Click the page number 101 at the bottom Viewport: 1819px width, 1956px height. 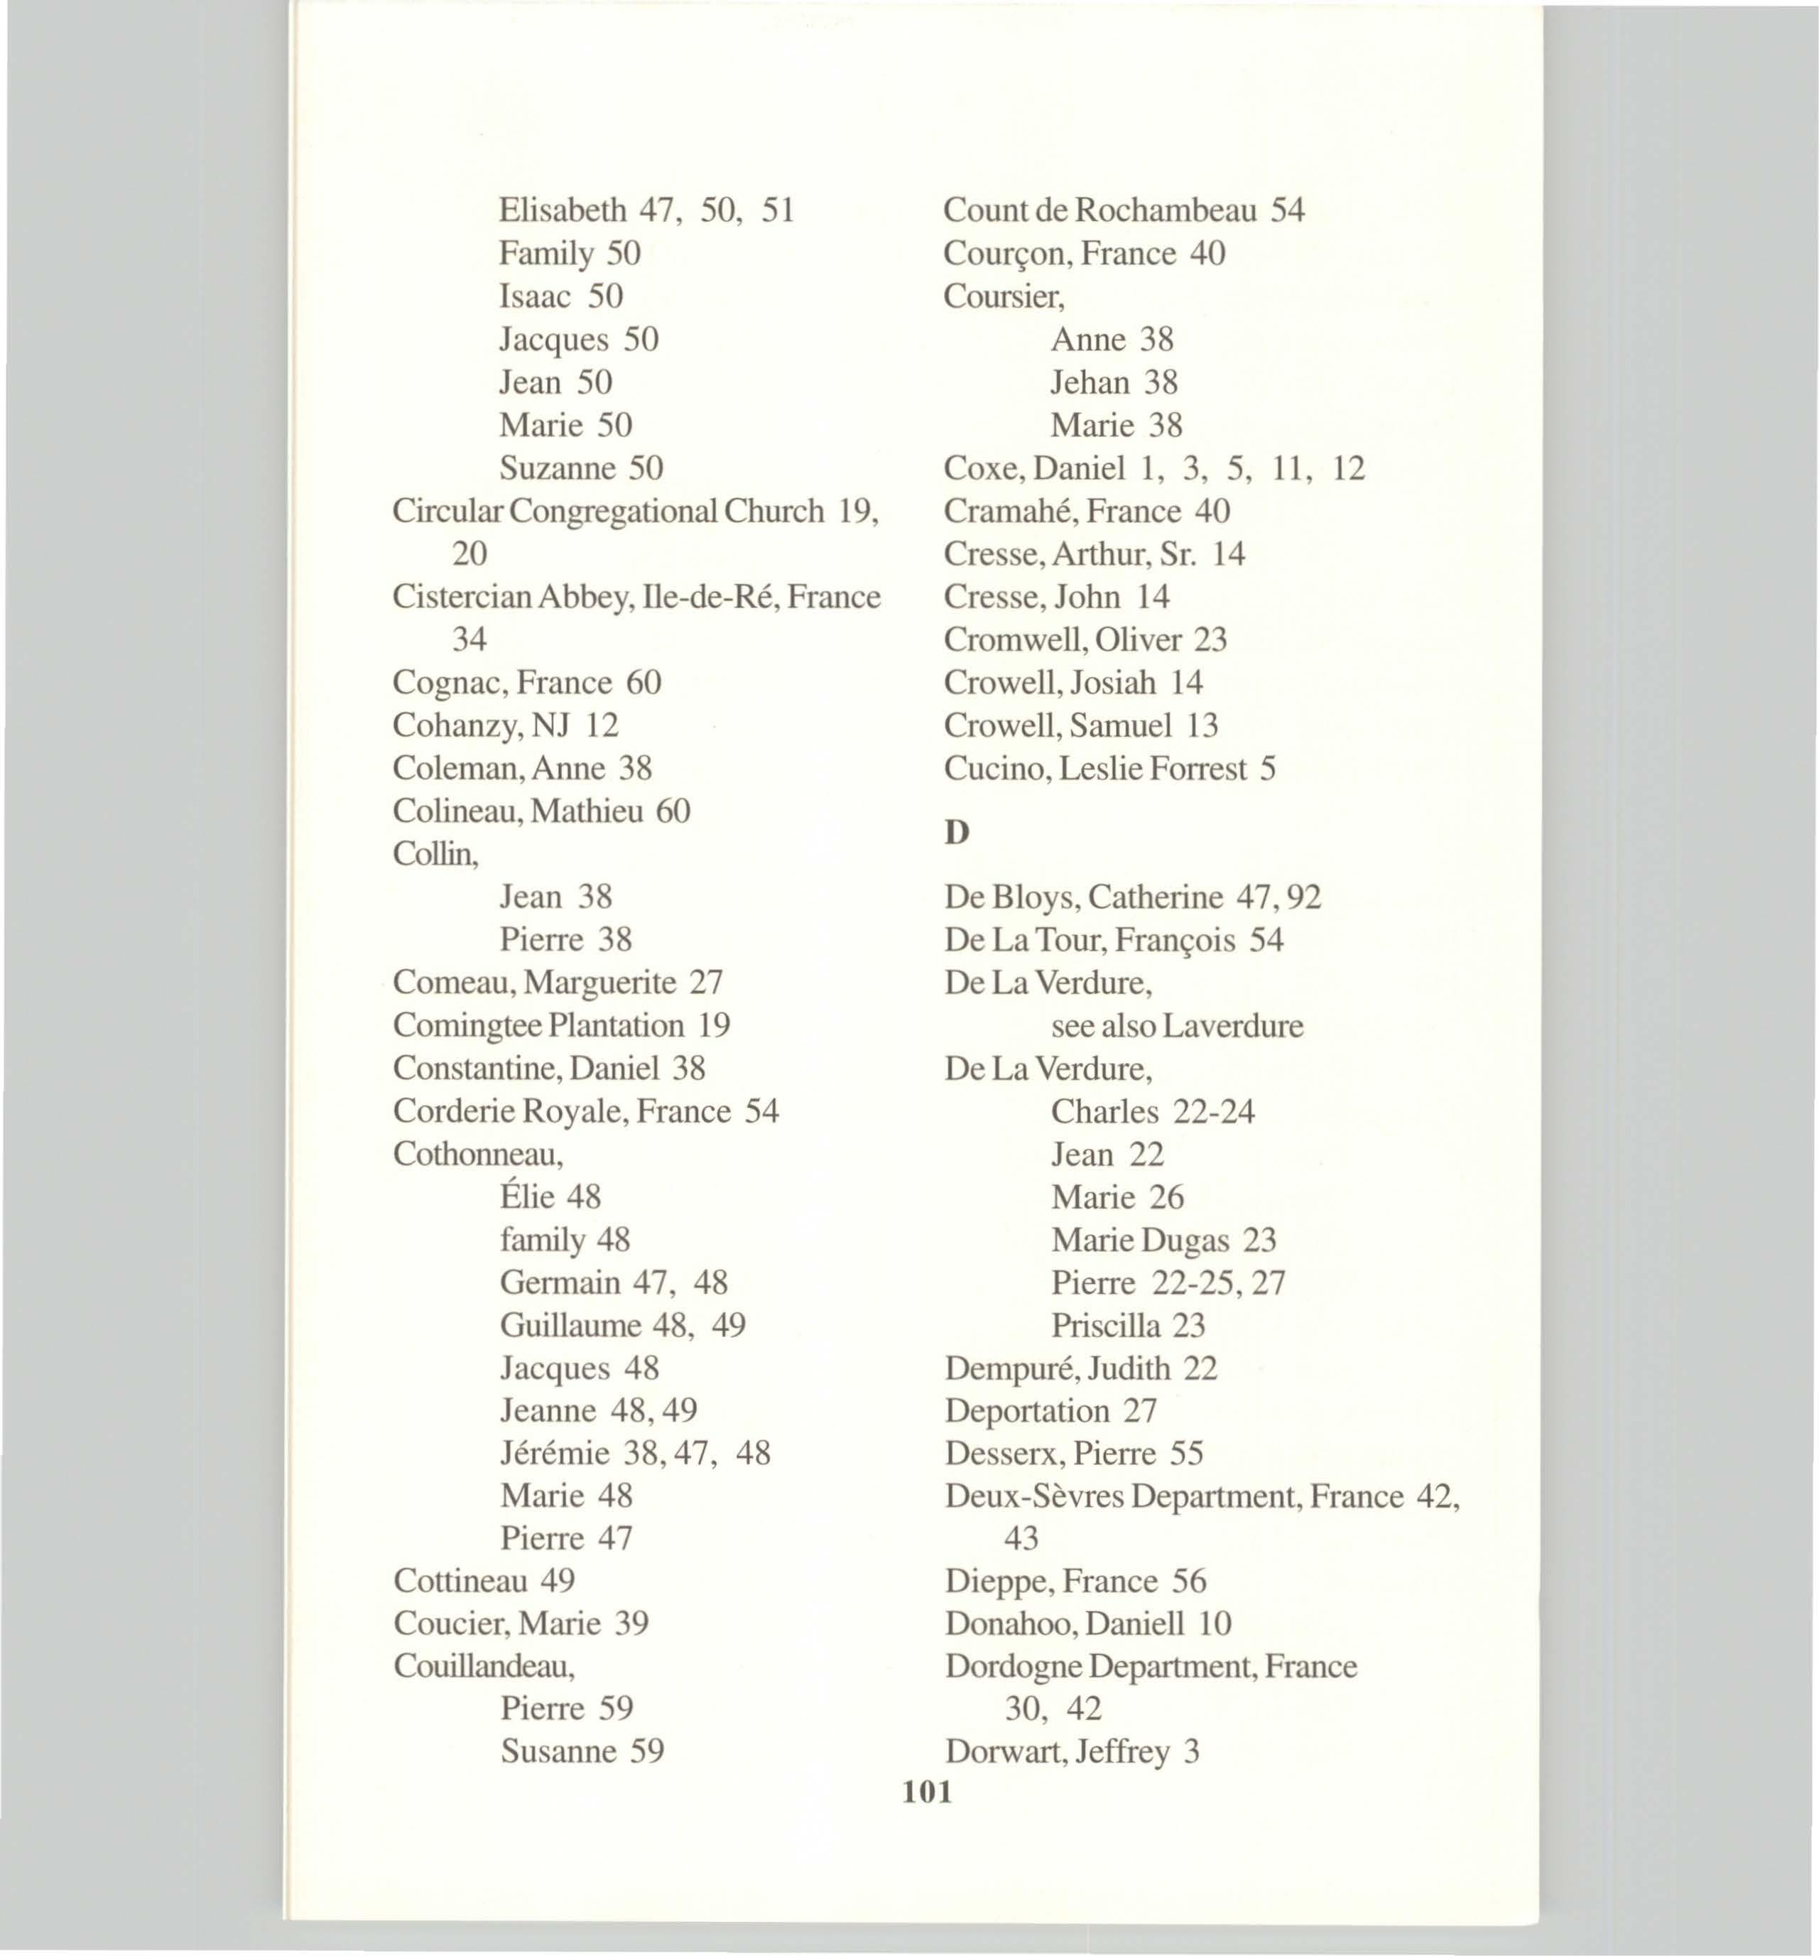pyautogui.click(x=927, y=1792)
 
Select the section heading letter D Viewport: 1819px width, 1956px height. pyautogui.click(x=956, y=833)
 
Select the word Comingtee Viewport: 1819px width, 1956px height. pyautogui.click(x=467, y=1026)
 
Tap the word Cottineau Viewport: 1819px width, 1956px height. pyautogui.click(x=460, y=1581)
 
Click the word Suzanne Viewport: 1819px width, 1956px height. pyautogui.click(x=557, y=468)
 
